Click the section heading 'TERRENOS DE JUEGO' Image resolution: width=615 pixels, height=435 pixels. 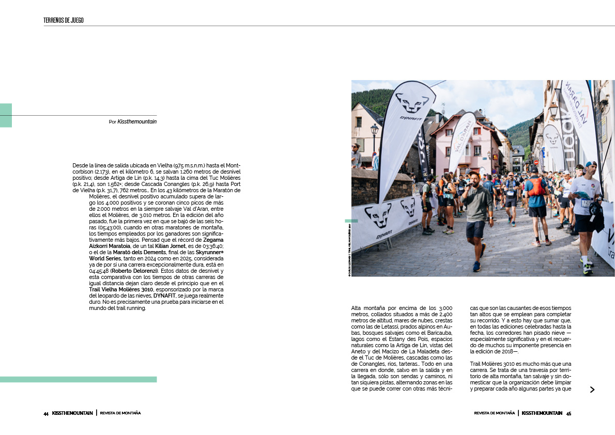click(64, 21)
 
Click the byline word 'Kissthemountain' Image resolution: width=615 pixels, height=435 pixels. click(137, 122)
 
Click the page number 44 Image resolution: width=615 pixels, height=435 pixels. click(46, 414)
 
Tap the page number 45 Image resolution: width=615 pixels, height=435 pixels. click(568, 414)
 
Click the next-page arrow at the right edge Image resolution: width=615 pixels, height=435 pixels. click(592, 390)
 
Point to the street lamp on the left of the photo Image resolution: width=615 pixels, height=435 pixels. click(374, 131)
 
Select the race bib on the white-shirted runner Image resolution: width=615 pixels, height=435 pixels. click(586, 203)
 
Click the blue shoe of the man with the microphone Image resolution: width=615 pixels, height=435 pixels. click(476, 267)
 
